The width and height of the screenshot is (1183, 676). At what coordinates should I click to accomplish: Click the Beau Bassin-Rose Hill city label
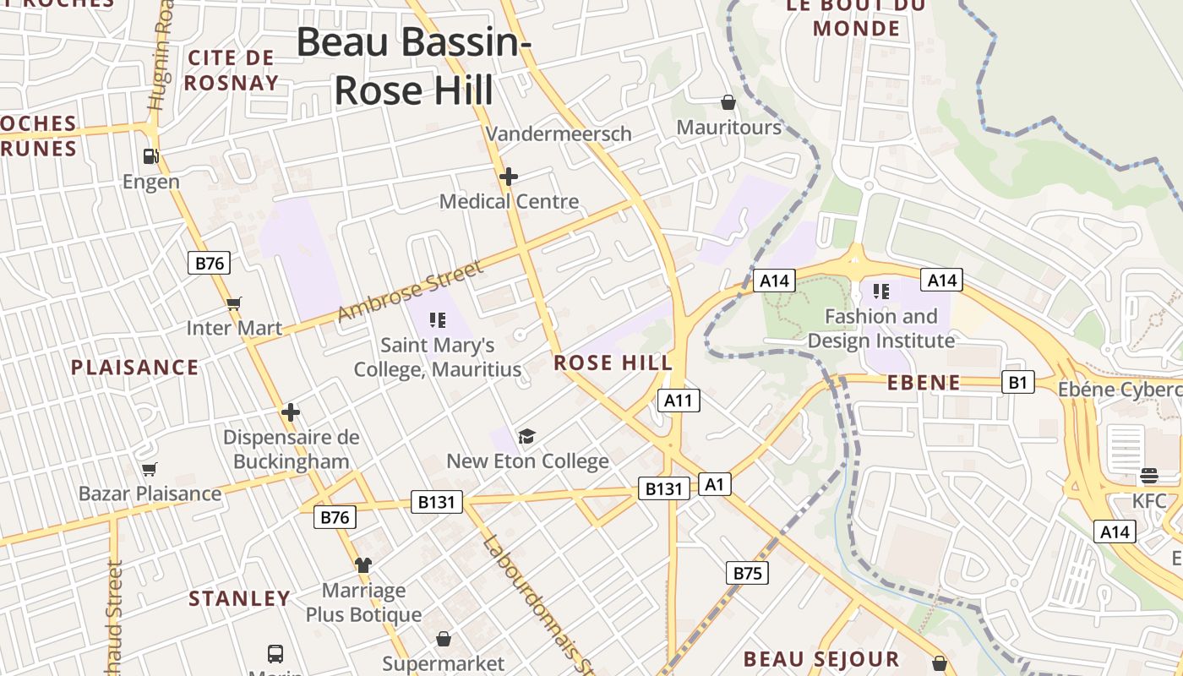pos(413,66)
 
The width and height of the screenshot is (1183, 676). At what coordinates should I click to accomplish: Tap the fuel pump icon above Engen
pos(151,155)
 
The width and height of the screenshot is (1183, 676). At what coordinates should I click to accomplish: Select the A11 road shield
pos(679,401)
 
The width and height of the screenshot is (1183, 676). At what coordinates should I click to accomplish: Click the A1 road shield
pos(715,484)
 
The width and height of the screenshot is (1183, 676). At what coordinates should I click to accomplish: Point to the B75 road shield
pos(747,574)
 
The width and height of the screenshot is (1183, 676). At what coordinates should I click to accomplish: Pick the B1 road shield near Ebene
pos(1017,383)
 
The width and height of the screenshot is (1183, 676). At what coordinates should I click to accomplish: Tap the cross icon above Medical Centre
pos(508,177)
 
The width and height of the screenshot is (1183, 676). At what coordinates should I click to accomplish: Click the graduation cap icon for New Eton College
pos(527,436)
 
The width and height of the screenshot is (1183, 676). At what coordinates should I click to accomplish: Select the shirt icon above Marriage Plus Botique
pos(363,564)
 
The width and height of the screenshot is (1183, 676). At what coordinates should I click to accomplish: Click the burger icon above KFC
pos(1148,476)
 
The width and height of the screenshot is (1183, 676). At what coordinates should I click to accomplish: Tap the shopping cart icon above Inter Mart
pos(234,303)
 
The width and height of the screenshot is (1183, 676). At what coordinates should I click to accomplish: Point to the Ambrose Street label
pos(410,291)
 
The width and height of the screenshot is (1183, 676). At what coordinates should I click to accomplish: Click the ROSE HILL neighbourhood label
pos(613,363)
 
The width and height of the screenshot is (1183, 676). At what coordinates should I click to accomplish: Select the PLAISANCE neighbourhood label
pos(134,368)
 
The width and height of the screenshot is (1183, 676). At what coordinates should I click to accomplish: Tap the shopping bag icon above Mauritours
pos(728,103)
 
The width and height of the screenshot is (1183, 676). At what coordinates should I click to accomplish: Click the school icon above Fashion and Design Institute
pos(880,292)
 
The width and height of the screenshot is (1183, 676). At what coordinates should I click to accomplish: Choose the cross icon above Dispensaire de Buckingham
pos(291,412)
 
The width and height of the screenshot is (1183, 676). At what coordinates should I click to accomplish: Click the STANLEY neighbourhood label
pos(239,599)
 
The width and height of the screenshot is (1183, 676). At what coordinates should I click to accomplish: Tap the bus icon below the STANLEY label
pos(275,653)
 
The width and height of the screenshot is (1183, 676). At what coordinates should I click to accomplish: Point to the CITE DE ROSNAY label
pos(231,70)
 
